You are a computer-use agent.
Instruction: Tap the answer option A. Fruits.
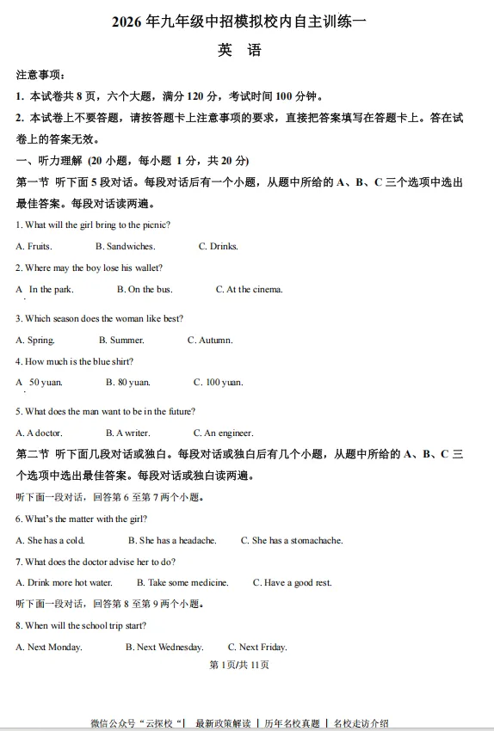(x=34, y=247)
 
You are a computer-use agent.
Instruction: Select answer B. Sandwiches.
(x=125, y=247)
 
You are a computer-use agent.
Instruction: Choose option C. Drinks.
(x=218, y=247)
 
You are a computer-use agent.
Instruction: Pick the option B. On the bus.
(x=145, y=290)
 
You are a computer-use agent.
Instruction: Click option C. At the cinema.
(x=249, y=290)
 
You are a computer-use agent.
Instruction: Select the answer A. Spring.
(x=35, y=341)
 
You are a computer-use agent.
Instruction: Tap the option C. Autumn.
(x=210, y=341)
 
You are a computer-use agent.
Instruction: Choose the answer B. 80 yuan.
(x=128, y=383)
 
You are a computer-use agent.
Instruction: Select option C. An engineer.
(x=223, y=433)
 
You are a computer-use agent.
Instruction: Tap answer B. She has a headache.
(x=172, y=541)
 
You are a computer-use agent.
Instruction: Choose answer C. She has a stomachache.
(x=292, y=541)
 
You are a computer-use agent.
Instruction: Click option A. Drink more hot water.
(x=64, y=583)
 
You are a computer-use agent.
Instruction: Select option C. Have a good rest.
(x=292, y=583)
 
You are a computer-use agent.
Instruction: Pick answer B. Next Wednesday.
(x=164, y=648)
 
